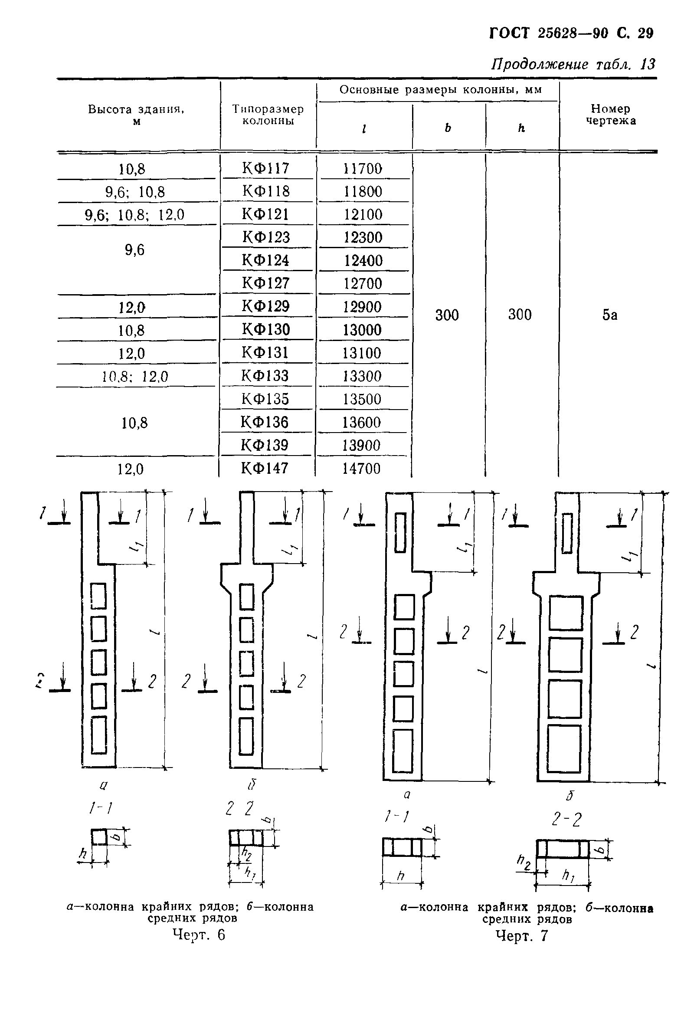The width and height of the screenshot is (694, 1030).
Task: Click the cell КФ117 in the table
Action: click(x=265, y=168)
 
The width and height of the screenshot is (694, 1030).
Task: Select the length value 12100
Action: click(x=363, y=215)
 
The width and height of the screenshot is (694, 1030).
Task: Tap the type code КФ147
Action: click(x=265, y=468)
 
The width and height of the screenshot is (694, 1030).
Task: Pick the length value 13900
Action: click(x=361, y=445)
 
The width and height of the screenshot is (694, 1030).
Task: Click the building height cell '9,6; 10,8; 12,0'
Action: click(x=134, y=215)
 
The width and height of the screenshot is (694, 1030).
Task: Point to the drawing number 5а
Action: click(x=609, y=315)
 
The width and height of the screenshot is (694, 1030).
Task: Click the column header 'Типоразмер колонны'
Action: click(x=268, y=115)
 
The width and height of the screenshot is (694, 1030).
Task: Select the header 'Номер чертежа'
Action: click(x=611, y=115)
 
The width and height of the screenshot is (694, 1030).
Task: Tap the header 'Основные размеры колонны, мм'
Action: click(x=440, y=90)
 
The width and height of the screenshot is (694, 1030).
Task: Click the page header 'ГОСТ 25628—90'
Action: click(x=549, y=33)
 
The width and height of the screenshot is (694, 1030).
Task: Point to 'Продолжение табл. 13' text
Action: click(x=573, y=65)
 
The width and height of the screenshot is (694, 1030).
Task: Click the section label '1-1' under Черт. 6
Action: click(x=101, y=809)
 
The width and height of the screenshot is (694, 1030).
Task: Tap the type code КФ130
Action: click(x=265, y=330)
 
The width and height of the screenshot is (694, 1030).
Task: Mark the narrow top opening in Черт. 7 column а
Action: click(x=400, y=532)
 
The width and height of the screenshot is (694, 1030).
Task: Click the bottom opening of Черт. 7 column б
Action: click(x=564, y=748)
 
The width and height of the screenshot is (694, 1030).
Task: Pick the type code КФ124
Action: click(x=265, y=260)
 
